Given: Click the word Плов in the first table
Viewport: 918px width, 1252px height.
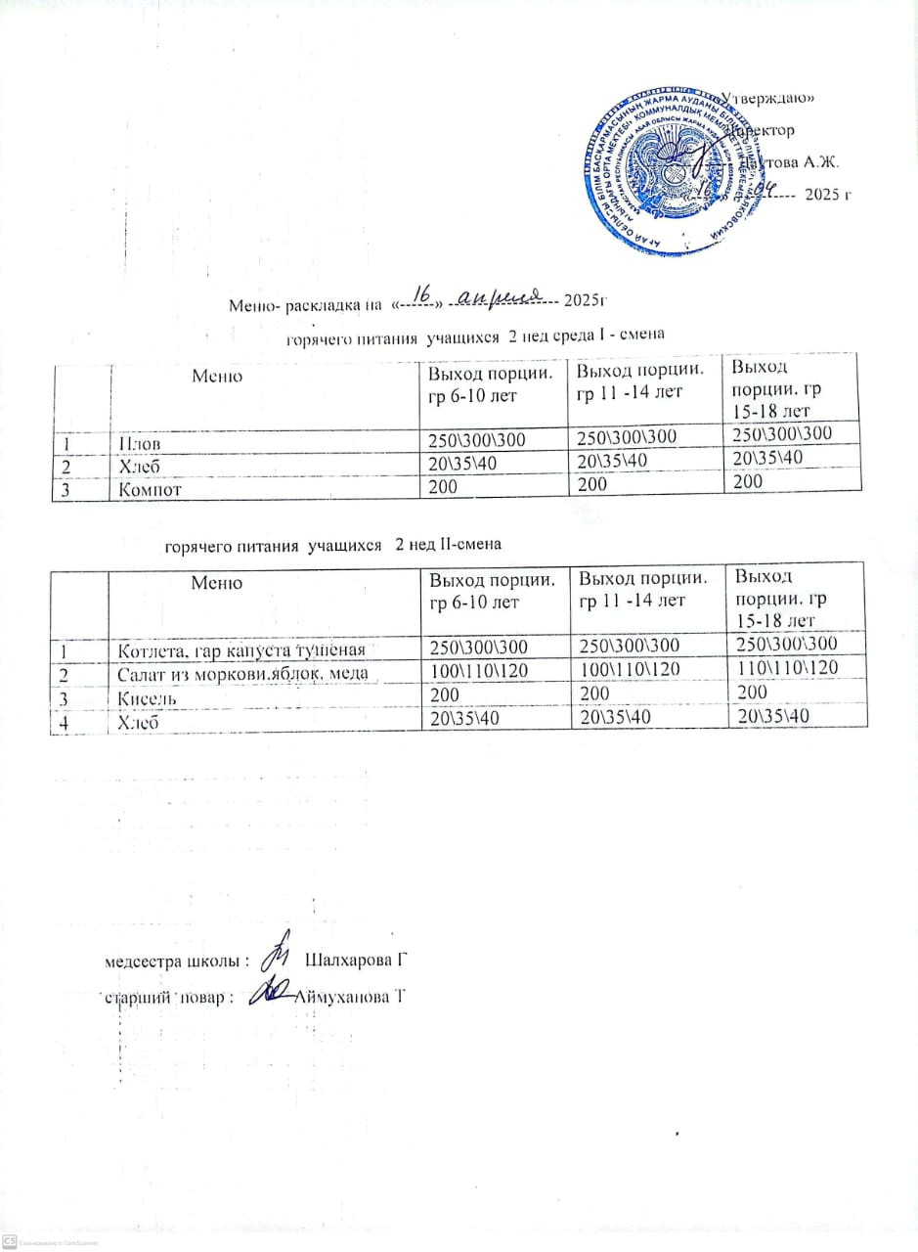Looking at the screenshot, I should (x=138, y=441).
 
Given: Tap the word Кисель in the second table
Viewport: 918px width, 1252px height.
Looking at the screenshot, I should (x=147, y=700).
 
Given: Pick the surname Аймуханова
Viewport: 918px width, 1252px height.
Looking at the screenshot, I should (x=350, y=997).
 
